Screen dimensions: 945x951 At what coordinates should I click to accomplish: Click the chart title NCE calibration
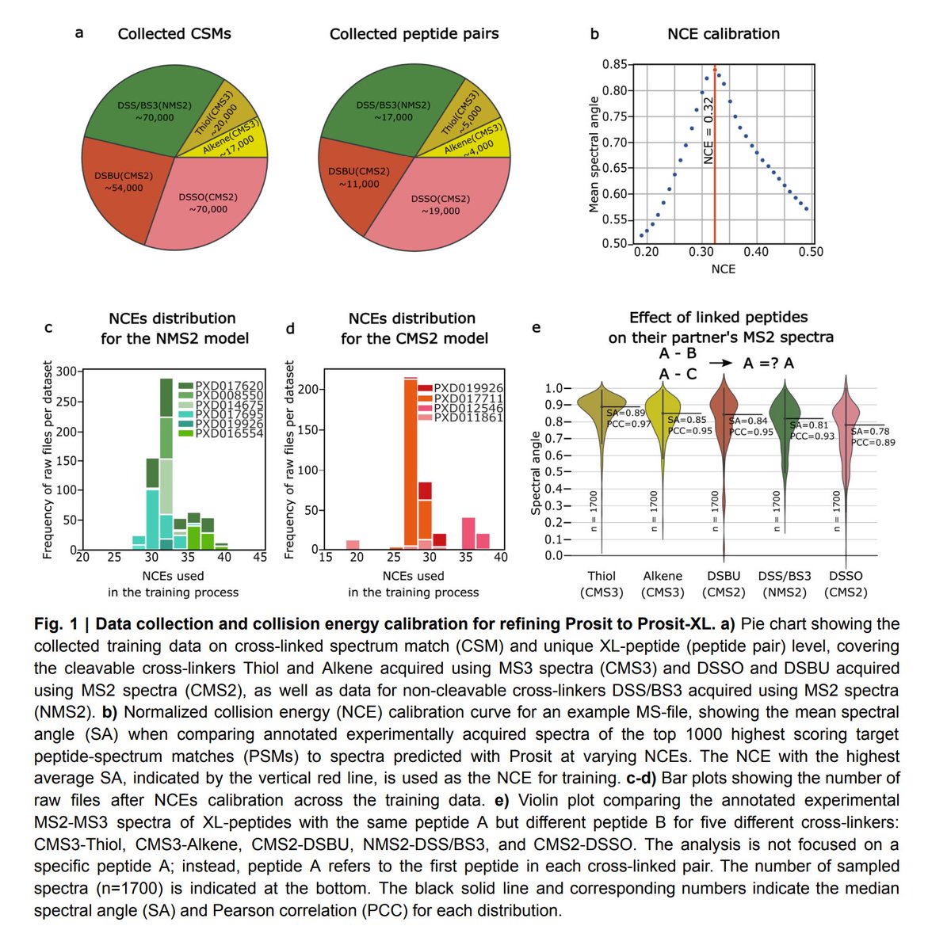pyautogui.click(x=723, y=34)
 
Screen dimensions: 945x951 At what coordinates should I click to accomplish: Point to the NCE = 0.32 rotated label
pyautogui.click(x=708, y=131)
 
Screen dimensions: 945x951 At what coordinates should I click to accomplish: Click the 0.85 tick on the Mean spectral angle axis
pyautogui.click(x=614, y=65)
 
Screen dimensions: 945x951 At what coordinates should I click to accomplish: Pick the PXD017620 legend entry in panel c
pyautogui.click(x=229, y=386)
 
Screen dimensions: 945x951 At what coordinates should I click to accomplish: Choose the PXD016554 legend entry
pyautogui.click(x=229, y=433)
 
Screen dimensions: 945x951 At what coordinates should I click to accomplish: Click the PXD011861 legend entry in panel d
pyautogui.click(x=468, y=417)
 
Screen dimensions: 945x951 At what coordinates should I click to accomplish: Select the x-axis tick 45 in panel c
pyautogui.click(x=260, y=558)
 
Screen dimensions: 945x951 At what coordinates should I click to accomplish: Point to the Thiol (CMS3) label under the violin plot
pyautogui.click(x=602, y=584)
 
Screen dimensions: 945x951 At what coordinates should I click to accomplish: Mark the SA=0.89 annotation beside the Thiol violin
pyautogui.click(x=625, y=413)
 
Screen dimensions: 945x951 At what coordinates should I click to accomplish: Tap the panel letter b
pyautogui.click(x=594, y=34)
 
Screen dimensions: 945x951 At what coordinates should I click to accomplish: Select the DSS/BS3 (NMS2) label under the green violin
pyautogui.click(x=782, y=584)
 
